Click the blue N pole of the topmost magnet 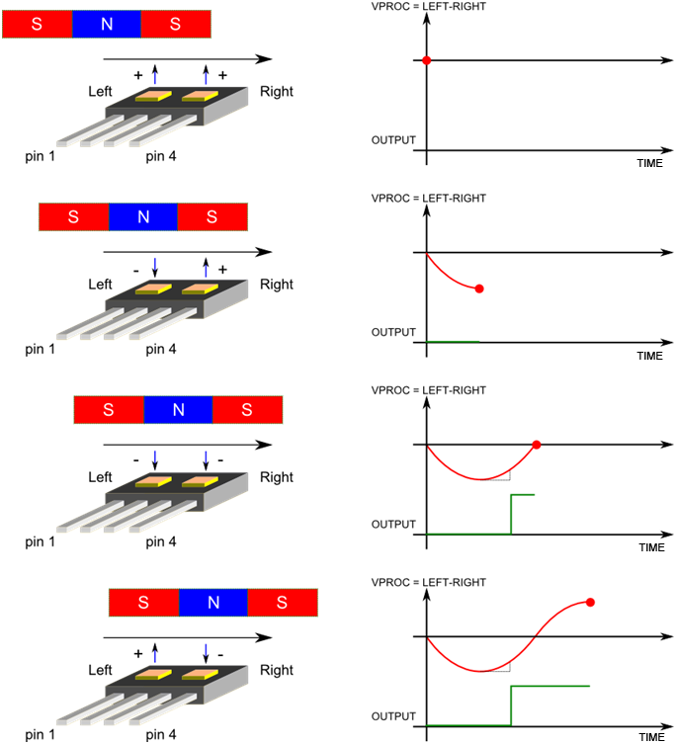click(x=107, y=25)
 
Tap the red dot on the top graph click(x=426, y=61)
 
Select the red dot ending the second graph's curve click(x=479, y=289)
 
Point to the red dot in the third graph click(x=537, y=445)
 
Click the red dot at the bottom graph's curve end click(x=590, y=602)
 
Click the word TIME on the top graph click(x=649, y=163)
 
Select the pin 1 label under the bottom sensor click(x=41, y=734)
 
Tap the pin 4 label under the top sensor click(x=161, y=156)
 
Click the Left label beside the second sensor click(x=101, y=285)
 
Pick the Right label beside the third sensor click(x=277, y=477)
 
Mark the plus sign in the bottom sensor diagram click(x=137, y=653)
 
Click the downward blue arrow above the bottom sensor click(x=206, y=654)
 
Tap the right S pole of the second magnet click(x=211, y=216)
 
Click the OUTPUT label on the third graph click(x=393, y=525)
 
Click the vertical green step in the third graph click(x=511, y=514)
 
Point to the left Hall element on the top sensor click(x=154, y=97)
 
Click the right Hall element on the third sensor click(x=199, y=482)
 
